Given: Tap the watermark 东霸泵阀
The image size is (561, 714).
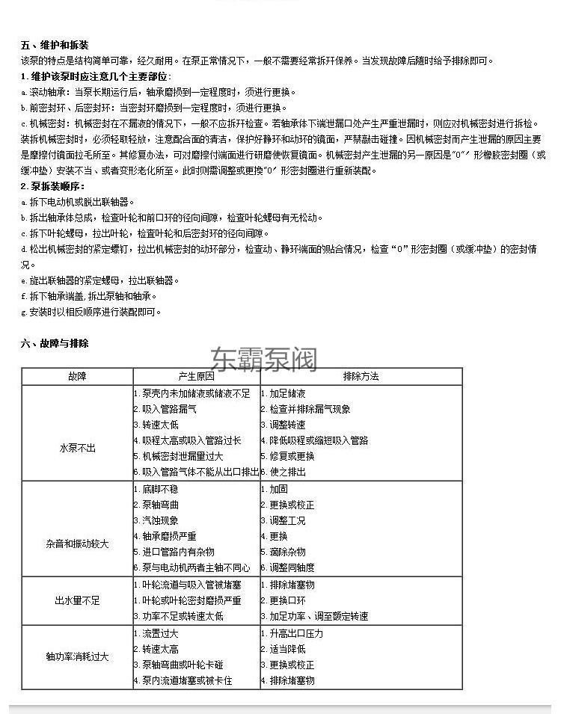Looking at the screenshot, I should tap(264, 360).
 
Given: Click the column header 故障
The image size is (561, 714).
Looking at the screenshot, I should tap(77, 377).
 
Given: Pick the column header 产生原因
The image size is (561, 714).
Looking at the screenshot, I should tap(196, 377).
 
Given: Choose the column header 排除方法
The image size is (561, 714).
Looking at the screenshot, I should tap(361, 377).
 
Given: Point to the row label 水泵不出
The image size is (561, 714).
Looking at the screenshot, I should tap(77, 449).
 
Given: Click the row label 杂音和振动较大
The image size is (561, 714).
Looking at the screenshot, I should tap(77, 544).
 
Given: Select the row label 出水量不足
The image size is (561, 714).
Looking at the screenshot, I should tap(77, 600).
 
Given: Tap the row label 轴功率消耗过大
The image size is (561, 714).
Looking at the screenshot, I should tap(77, 656).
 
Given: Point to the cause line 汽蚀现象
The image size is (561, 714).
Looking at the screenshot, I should tap(160, 520).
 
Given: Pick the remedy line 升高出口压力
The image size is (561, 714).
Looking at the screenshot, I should tap(296, 633).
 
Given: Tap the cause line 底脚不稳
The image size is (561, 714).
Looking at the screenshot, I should tap(160, 489).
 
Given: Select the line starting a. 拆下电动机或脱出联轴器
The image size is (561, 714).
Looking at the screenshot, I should tap(79, 202).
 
